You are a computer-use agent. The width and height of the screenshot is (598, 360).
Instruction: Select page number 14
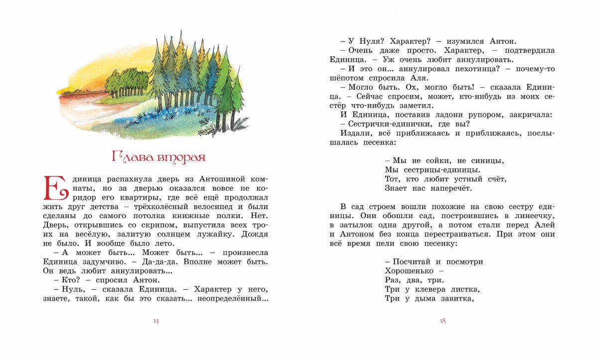click(x=155, y=321)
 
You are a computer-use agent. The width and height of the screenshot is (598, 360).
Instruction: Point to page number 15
click(x=442, y=321)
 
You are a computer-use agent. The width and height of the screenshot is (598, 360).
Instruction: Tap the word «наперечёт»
click(x=448, y=188)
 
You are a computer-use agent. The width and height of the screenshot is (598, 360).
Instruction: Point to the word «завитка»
click(x=454, y=298)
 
